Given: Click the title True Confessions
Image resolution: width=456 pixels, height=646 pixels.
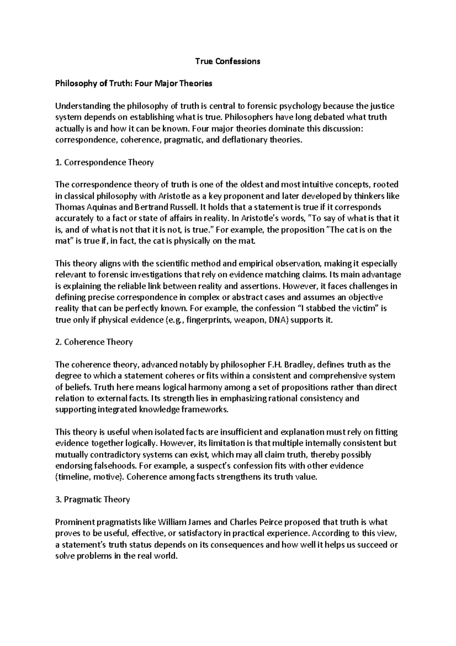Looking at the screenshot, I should tap(228, 61).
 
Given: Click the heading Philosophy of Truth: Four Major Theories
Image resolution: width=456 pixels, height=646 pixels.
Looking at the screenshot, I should tap(134, 84).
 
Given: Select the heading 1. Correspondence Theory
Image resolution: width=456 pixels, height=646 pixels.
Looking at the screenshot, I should tap(104, 162).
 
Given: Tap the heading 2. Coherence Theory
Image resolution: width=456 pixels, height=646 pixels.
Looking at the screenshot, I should tap(94, 342).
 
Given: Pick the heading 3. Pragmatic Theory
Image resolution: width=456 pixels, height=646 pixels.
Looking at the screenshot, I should tap(93, 500).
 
